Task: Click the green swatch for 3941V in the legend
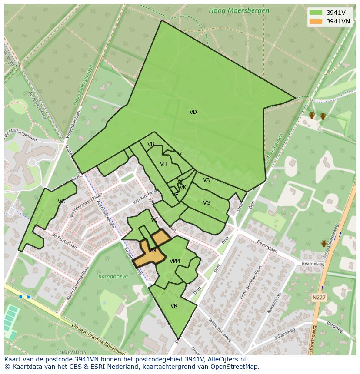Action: (x=316, y=13)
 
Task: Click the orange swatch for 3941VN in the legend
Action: (x=316, y=21)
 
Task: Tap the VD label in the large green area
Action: (x=193, y=112)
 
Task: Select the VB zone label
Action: (x=151, y=144)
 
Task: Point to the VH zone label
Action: (x=163, y=164)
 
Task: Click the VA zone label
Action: (x=207, y=180)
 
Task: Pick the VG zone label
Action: (x=207, y=203)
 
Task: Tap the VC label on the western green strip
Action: (x=61, y=202)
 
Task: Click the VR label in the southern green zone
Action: (x=174, y=306)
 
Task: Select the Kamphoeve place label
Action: (x=113, y=276)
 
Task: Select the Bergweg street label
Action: (x=334, y=325)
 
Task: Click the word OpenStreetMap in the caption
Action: (x=233, y=367)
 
